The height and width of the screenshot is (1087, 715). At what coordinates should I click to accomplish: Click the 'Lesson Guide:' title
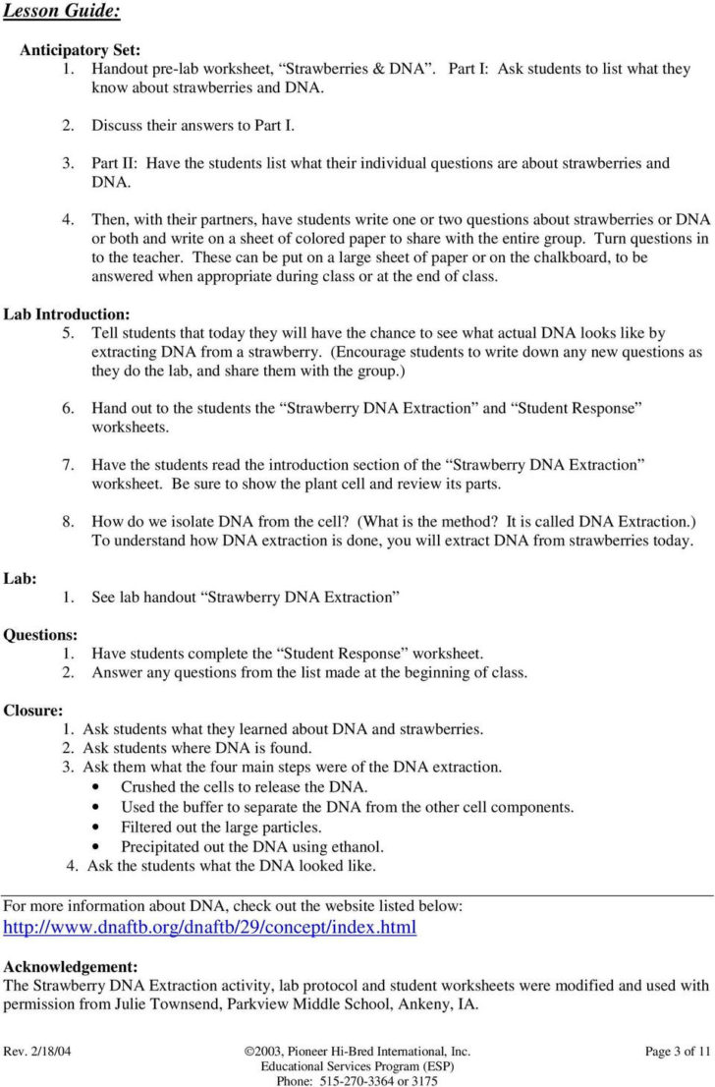pyautogui.click(x=62, y=12)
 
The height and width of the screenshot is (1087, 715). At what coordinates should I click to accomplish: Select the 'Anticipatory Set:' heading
pyautogui.click(x=81, y=49)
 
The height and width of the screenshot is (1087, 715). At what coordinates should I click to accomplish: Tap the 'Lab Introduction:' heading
pyautogui.click(x=67, y=315)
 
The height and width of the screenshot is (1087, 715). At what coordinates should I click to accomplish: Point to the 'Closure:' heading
pyautogui.click(x=33, y=710)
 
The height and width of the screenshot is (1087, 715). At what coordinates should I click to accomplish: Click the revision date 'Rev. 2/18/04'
pyautogui.click(x=37, y=1051)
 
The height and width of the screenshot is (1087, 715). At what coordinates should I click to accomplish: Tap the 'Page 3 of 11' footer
pyautogui.click(x=677, y=1051)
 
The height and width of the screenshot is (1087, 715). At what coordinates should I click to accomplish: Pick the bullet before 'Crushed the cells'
pyautogui.click(x=94, y=787)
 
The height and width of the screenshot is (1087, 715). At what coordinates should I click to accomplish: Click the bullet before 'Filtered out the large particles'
pyautogui.click(x=94, y=827)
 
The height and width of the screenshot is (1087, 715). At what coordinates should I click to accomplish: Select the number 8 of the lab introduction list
pyautogui.click(x=68, y=521)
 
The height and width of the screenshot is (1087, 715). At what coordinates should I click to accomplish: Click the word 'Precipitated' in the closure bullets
pyautogui.click(x=161, y=846)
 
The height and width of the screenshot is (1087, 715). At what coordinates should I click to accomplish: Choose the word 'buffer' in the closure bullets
pyautogui.click(x=215, y=807)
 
